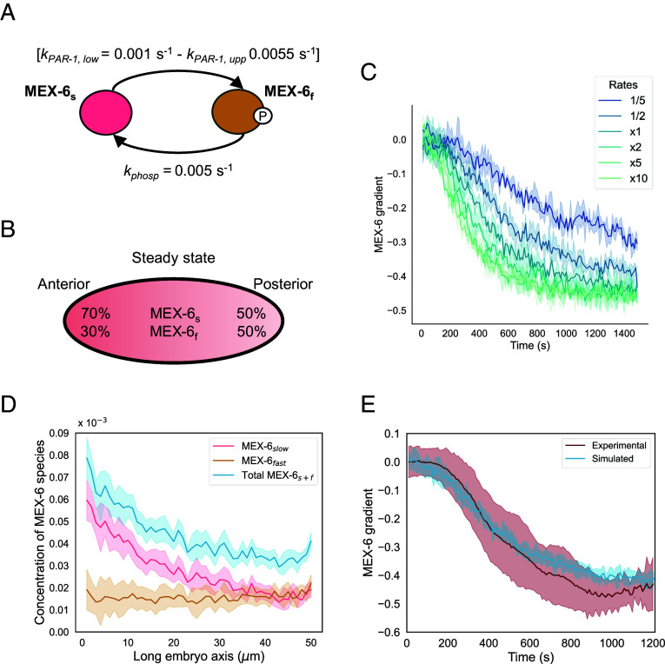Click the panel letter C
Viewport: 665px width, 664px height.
pos(367,72)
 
